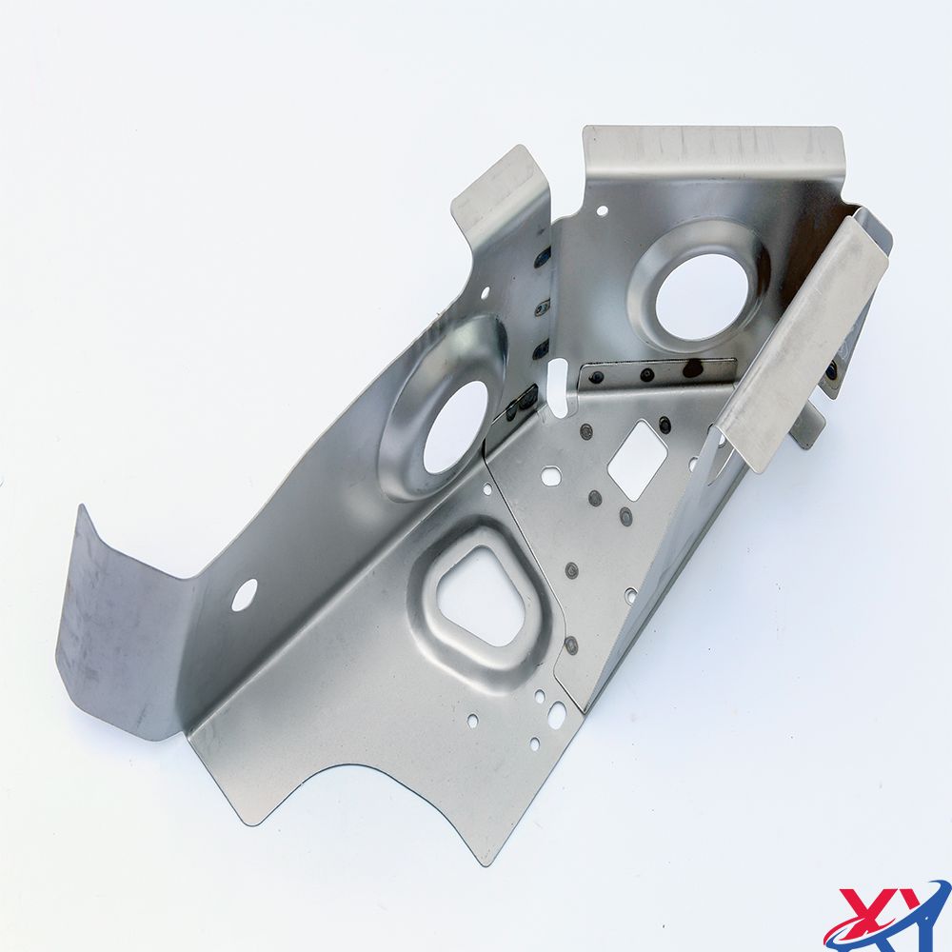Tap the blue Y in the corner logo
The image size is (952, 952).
911,909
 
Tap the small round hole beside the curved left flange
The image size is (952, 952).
244,594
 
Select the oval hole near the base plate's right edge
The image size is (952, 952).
555,711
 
